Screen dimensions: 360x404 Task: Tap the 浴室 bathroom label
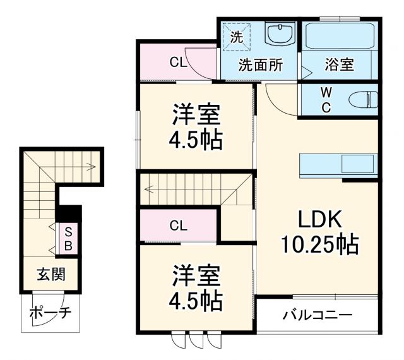click(339, 64)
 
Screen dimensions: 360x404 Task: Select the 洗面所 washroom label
click(260, 64)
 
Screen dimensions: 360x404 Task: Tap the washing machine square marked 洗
click(236, 37)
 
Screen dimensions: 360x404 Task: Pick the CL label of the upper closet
click(177, 63)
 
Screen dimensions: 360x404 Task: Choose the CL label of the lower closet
click(177, 225)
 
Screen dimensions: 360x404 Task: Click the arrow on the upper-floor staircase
click(158, 187)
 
